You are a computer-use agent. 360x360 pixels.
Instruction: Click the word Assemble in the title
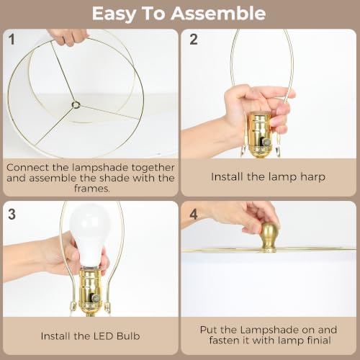click(x=218, y=14)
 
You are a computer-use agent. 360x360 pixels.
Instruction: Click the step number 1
click(x=12, y=39)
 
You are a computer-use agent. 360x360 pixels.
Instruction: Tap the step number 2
click(x=194, y=39)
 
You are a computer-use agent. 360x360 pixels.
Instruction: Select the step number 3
click(x=12, y=214)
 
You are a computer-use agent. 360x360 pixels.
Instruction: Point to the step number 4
click(x=194, y=215)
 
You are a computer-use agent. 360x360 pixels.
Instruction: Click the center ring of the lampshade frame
click(x=76, y=104)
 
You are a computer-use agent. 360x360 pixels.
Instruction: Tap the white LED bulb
click(x=89, y=236)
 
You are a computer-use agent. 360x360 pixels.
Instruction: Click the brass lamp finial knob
click(x=269, y=238)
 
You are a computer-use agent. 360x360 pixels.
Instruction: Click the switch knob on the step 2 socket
click(x=266, y=143)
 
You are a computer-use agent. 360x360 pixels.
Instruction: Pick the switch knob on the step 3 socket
click(x=96, y=298)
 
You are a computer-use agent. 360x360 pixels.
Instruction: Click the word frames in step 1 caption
click(x=91, y=189)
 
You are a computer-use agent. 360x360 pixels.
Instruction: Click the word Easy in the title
click(x=114, y=14)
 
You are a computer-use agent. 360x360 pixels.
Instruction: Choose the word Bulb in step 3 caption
click(x=128, y=336)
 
